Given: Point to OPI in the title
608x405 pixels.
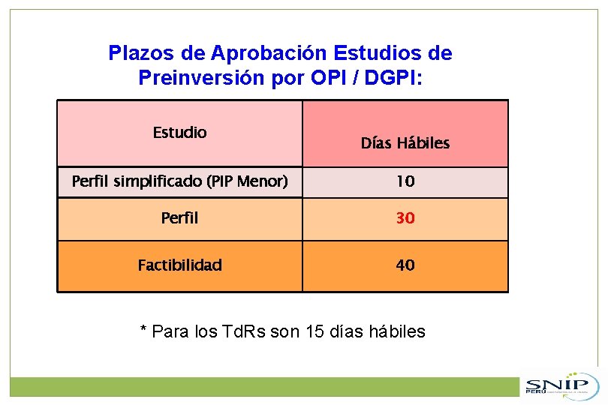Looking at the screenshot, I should click(330, 77).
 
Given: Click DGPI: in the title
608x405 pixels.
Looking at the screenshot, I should click(396, 77).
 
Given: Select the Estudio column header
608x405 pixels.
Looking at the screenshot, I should click(179, 133).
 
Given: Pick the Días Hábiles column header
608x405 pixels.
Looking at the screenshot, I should click(405, 143).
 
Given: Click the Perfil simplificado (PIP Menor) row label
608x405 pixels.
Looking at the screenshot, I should click(179, 181).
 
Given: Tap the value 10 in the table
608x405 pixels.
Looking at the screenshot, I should click(405, 181).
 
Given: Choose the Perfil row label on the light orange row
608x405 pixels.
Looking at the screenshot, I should click(179, 218).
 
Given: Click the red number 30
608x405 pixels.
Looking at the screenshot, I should click(405, 218).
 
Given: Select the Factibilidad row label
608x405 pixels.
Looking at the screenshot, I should click(179, 265).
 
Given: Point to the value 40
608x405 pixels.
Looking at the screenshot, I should click(405, 265).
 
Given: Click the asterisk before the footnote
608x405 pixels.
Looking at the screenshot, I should click(143, 330).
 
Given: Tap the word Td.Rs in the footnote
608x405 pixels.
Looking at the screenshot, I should click(243, 331).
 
